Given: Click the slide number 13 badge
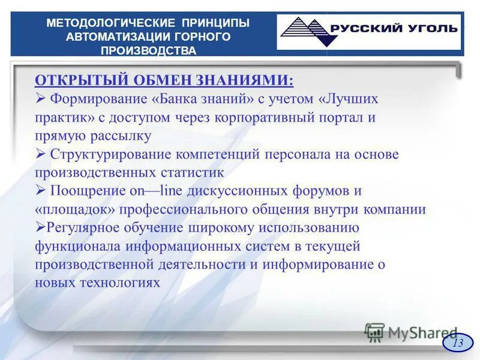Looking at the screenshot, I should (458, 343).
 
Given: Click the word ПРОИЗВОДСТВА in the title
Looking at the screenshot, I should (148, 50).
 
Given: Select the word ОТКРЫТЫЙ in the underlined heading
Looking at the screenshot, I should (74, 80).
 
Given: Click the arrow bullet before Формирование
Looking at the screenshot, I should (40, 98).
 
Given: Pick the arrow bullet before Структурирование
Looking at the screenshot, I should (40, 154).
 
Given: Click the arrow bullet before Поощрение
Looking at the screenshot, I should (40, 191).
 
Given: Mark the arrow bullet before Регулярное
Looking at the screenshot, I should (39, 227).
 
